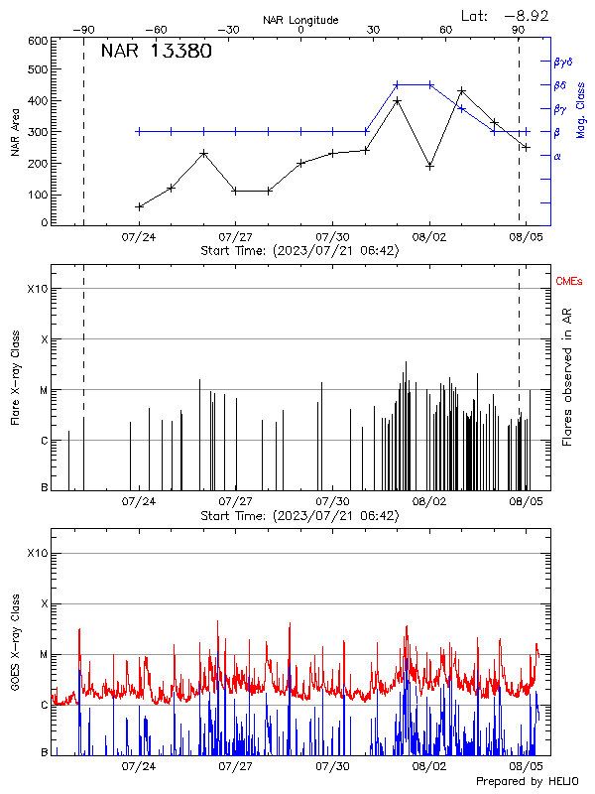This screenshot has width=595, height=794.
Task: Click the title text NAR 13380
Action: pos(156,53)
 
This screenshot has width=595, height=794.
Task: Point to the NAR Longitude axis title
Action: pos(300,20)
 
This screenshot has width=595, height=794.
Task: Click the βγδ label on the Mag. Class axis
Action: pos(563,62)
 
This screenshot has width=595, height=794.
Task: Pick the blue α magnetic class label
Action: pos(557,156)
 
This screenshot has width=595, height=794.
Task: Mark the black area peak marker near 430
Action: pos(461,91)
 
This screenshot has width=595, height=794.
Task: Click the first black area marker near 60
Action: pos(139,206)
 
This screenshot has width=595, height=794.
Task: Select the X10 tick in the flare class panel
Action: pos(37,289)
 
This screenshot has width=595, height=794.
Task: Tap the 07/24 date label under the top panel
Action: pos(138,237)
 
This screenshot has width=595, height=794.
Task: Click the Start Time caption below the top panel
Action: pos(299,251)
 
